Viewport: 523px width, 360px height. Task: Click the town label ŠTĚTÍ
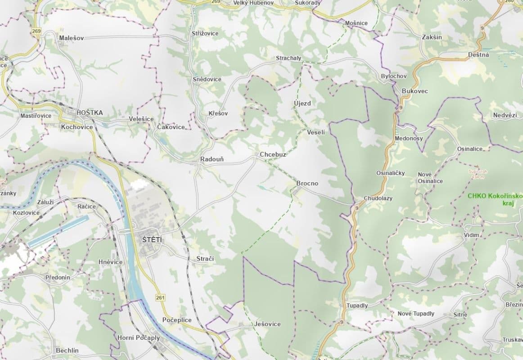(x=153, y=240)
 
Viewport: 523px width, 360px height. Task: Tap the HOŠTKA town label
(x=90, y=112)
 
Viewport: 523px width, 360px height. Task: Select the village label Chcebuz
(x=273, y=154)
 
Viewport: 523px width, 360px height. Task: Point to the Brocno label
(x=307, y=183)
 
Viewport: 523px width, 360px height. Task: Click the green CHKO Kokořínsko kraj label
(x=494, y=199)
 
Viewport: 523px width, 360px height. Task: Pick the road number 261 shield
(x=160, y=297)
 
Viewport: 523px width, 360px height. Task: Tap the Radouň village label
(x=212, y=159)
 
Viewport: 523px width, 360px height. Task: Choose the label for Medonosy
(x=408, y=138)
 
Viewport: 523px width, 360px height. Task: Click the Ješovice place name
(x=267, y=324)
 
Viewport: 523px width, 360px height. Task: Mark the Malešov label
(x=71, y=38)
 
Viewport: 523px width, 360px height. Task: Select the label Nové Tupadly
(x=415, y=313)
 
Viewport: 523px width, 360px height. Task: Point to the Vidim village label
(x=471, y=235)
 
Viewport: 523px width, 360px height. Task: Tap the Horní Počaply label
(x=138, y=337)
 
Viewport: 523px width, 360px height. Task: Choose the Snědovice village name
(x=207, y=79)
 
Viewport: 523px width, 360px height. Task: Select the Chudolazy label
(x=378, y=198)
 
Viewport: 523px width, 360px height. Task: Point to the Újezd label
(x=302, y=103)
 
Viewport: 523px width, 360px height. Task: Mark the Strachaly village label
(x=289, y=58)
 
